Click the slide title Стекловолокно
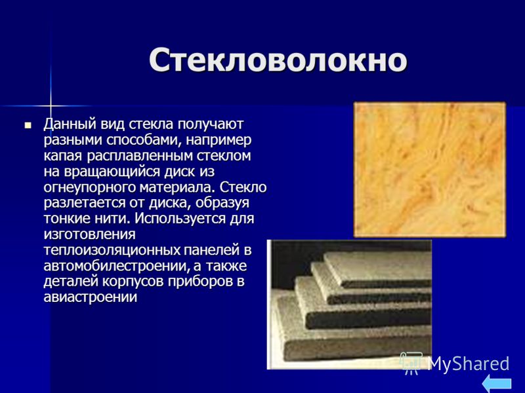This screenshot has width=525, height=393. click(x=278, y=60)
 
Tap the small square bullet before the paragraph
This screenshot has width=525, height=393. click(x=28, y=126)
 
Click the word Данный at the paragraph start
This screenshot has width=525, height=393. click(x=70, y=124)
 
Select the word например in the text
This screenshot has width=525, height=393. click(x=219, y=140)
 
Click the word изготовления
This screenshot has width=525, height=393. click(x=89, y=234)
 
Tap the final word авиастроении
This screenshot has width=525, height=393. click(x=91, y=297)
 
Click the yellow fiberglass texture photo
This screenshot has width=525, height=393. click(x=430, y=170)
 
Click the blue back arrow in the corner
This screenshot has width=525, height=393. click(x=498, y=383)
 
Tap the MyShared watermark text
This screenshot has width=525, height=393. click(x=469, y=364)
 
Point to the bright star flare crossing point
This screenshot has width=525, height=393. click(x=51, y=106)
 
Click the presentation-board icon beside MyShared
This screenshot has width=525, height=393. click(x=412, y=363)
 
